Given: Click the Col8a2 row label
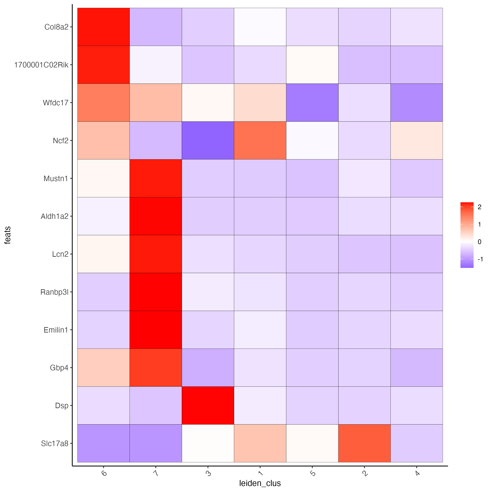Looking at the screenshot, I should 56,27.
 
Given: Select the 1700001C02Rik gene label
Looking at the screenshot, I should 41,65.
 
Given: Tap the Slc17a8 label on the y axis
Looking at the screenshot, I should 55,444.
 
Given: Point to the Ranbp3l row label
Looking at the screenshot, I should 54,292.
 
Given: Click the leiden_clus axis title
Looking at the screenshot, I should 260,483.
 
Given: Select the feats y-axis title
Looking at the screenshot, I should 8,235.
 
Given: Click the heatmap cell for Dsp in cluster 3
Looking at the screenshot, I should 208,405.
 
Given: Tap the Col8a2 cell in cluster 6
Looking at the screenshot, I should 103,27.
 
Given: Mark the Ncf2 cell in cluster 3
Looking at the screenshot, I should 208,140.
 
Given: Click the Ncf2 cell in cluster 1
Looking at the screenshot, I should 260,140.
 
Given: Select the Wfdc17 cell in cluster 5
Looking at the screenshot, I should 312,103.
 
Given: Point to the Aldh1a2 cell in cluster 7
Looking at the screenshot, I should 156,216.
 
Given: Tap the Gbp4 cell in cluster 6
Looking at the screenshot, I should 103,368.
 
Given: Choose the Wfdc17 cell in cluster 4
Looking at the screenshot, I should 416,103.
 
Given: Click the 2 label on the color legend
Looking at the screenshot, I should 480,207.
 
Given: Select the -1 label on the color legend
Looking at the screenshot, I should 480,259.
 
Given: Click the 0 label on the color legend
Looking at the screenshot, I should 480,242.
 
